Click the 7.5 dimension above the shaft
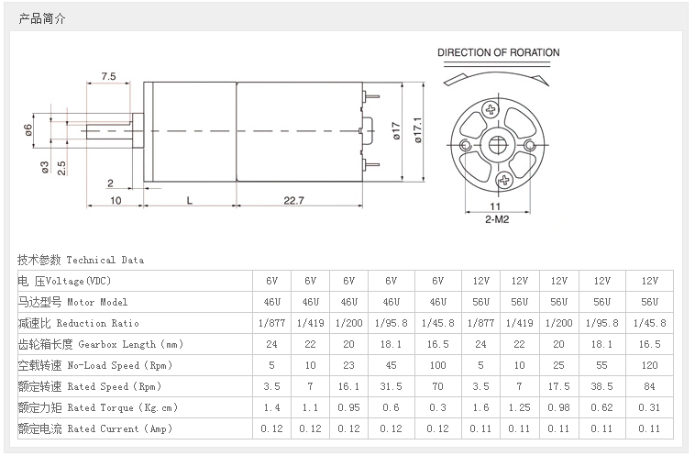coord(108,76)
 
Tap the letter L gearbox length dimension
coord(189,199)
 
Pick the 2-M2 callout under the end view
coord(498,219)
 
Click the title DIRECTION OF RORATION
coord(498,53)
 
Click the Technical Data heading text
coord(81,261)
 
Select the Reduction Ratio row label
coord(78,323)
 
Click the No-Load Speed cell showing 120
coord(649,365)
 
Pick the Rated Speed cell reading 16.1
coord(348,386)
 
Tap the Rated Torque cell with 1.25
coord(519,407)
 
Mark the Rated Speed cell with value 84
coord(649,386)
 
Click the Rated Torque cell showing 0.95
coord(348,407)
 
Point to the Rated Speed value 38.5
coord(601,386)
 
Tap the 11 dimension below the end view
coord(497,206)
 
